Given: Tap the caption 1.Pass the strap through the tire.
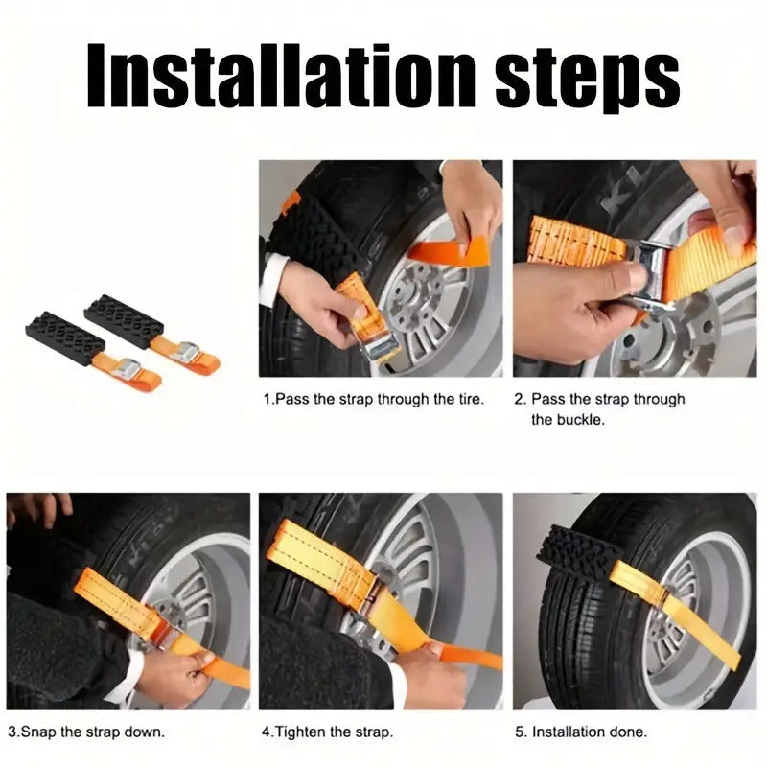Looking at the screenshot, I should pyautogui.click(x=374, y=398).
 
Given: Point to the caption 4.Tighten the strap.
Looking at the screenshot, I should pyautogui.click(x=327, y=732).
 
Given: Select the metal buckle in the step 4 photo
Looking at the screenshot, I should pyautogui.click(x=376, y=614).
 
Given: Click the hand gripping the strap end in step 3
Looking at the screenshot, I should pyautogui.click(x=177, y=676).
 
